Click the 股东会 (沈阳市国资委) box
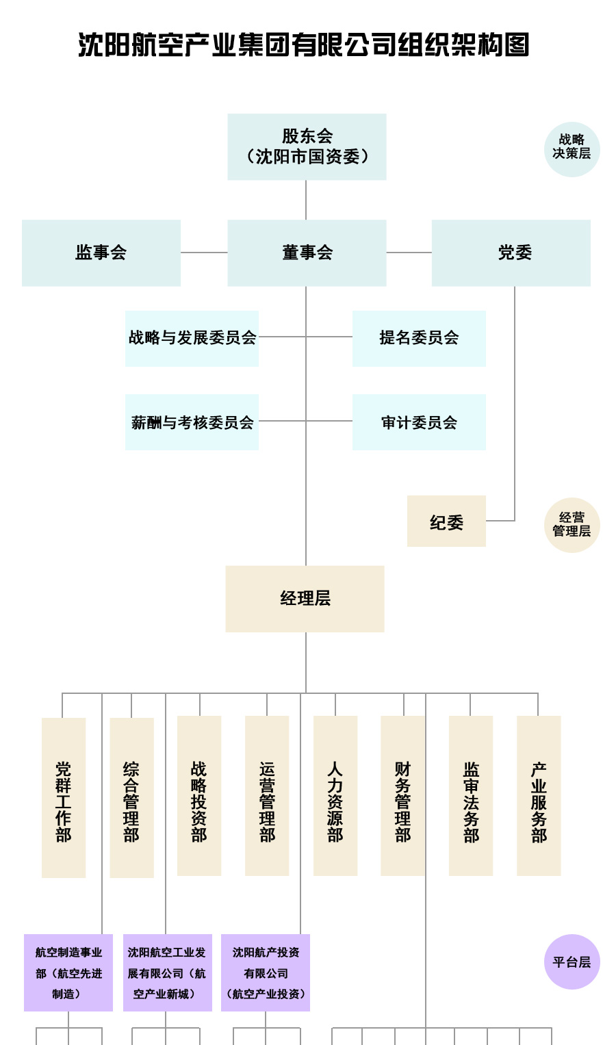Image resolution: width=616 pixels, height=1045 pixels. [307, 146]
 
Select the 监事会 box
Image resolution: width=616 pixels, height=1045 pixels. [101, 253]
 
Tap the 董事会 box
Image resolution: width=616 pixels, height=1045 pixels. [307, 253]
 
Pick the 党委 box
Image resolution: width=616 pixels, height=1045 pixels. [511, 253]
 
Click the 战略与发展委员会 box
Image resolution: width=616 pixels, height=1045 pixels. [192, 338]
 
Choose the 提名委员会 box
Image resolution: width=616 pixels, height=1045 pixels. [419, 338]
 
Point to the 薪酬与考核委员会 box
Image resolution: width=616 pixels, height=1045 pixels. [192, 422]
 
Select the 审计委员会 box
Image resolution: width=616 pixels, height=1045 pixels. [419, 422]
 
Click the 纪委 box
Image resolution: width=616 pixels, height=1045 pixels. [446, 521]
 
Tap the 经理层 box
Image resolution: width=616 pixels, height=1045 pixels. [305, 599]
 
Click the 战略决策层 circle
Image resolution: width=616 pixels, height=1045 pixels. [572, 149]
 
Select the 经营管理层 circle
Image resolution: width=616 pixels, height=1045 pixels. [572, 525]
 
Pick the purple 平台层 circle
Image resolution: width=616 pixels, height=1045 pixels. [572, 962]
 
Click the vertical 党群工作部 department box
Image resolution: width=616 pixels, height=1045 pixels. [64, 797]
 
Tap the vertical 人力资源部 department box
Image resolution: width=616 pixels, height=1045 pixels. [335, 796]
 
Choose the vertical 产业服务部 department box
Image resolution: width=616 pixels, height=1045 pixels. [539, 796]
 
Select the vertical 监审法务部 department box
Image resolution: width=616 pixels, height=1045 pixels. [471, 796]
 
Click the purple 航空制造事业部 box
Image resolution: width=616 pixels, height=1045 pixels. [68, 972]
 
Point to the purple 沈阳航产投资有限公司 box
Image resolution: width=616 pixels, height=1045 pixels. [266, 972]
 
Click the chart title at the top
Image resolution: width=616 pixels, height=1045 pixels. [304, 45]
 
